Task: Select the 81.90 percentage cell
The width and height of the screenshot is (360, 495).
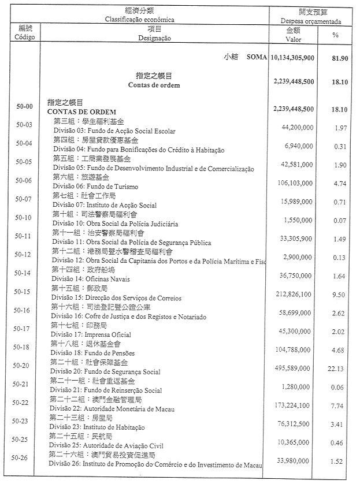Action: (339, 59)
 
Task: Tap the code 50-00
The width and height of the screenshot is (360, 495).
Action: (24, 107)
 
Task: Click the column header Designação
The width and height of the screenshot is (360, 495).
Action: (154, 38)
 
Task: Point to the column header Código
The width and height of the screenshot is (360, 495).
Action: (24, 37)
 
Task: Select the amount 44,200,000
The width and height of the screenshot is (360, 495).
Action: (297, 126)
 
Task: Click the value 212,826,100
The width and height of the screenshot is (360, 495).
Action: (294, 295)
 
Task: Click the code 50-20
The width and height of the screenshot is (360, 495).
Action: (24, 366)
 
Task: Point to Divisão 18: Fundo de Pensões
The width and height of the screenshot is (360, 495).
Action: (87, 353)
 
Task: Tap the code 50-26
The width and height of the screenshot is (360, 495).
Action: (24, 459)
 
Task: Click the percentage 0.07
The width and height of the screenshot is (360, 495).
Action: (340, 221)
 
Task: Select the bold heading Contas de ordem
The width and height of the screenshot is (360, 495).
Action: (154, 85)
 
